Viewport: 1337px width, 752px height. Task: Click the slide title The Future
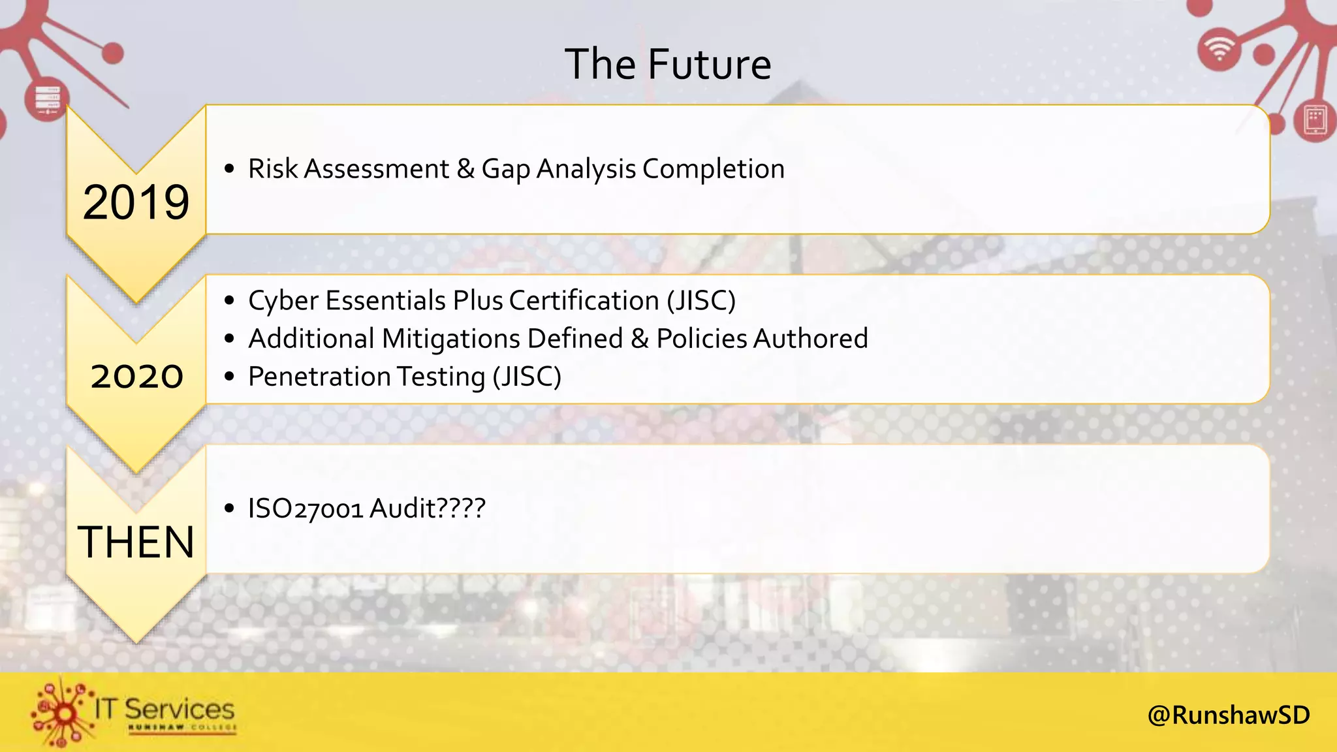click(668, 64)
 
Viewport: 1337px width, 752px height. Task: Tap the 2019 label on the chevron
click(136, 202)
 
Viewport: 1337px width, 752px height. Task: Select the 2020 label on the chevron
click(136, 377)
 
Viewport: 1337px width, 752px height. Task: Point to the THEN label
click(136, 542)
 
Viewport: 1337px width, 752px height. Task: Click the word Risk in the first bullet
click(273, 168)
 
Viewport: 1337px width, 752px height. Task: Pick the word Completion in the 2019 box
click(713, 169)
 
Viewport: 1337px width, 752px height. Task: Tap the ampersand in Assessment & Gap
click(465, 168)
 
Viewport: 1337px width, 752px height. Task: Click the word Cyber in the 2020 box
click(283, 301)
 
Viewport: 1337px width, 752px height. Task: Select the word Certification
click(584, 300)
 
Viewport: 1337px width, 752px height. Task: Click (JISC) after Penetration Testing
click(527, 377)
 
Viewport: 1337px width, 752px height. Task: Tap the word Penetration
click(319, 377)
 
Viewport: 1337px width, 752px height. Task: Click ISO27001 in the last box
click(305, 509)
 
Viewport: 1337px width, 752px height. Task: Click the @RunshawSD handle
click(1228, 715)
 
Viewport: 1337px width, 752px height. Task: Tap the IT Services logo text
click(164, 709)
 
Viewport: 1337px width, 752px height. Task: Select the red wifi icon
click(1219, 50)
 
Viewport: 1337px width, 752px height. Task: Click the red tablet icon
click(1315, 120)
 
